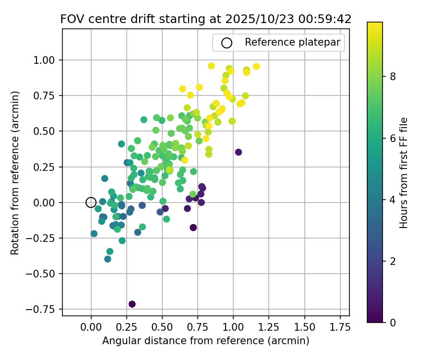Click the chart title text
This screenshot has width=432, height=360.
(205, 19)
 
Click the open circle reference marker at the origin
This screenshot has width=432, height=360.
(91, 203)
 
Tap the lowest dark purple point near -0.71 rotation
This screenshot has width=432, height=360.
(132, 304)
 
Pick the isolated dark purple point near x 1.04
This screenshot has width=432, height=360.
(239, 152)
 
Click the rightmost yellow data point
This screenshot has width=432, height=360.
(256, 66)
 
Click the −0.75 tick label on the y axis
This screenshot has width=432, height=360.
(43, 309)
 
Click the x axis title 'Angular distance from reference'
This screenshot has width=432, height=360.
(205, 341)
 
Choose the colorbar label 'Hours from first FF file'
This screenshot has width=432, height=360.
(404, 173)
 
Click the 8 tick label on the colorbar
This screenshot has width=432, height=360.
(393, 76)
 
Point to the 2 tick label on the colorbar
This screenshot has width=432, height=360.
(393, 261)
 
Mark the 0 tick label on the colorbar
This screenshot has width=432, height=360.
(393, 322)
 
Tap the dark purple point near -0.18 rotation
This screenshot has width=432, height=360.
(193, 228)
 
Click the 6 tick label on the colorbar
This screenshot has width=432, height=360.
(393, 138)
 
